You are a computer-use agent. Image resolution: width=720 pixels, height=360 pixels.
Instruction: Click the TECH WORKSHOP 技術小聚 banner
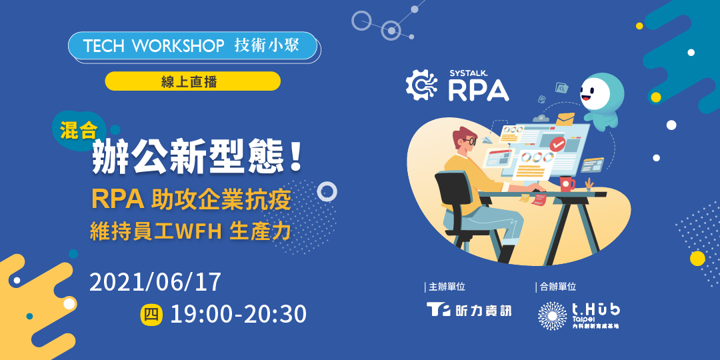(192, 45)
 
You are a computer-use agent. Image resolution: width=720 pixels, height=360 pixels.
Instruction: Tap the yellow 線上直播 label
(192, 81)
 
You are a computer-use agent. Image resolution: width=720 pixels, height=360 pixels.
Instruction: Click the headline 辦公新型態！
(199, 157)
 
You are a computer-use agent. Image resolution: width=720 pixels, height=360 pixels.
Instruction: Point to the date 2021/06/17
(155, 282)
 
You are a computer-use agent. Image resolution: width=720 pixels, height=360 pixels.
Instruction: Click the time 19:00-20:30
(238, 313)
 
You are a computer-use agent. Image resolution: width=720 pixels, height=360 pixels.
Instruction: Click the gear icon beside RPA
(421, 85)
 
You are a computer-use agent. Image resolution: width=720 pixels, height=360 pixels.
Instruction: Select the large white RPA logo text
(478, 89)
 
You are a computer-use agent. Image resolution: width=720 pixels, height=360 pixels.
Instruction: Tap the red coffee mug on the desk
(567, 183)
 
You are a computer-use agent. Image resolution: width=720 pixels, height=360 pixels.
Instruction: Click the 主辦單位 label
(445, 287)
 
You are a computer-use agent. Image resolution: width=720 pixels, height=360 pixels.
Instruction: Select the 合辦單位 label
(556, 287)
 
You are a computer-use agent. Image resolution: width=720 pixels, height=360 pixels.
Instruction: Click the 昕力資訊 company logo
(469, 310)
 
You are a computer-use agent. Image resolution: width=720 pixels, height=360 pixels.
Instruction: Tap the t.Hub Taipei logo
(578, 315)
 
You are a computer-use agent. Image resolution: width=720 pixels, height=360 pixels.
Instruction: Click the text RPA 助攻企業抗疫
(191, 199)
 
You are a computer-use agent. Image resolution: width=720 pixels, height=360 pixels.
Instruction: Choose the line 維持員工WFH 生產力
(191, 231)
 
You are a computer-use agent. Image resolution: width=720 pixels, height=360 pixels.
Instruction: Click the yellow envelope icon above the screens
(566, 119)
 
